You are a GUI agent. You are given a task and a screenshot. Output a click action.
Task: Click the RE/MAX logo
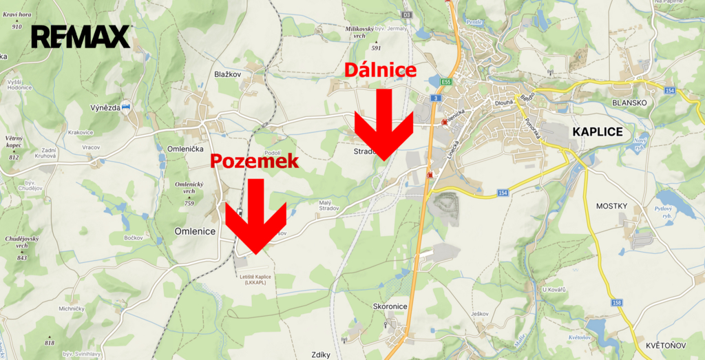click(81, 36)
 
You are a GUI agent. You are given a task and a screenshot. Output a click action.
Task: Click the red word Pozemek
click(254, 161)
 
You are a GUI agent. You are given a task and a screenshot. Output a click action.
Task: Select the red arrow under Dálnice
click(383, 127)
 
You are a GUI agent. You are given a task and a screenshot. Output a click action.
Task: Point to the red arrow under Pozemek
click(256, 217)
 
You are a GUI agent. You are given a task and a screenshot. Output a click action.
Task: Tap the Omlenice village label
click(196, 231)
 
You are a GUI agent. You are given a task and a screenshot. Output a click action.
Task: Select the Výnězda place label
click(105, 107)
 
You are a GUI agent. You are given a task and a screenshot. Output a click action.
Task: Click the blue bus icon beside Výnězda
click(125, 107)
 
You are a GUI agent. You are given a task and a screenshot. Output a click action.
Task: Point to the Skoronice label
click(391, 306)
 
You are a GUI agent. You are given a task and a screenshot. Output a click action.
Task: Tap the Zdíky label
click(321, 354)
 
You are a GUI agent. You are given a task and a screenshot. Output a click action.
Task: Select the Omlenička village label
click(185, 149)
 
